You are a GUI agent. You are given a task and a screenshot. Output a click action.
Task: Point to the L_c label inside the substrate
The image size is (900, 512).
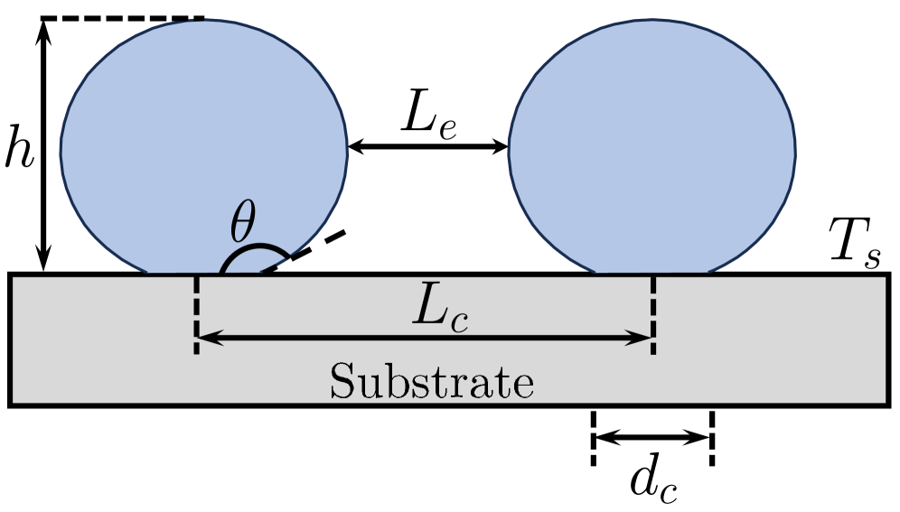point(441,312)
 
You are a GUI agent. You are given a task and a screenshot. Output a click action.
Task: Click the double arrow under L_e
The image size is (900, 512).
point(428,146)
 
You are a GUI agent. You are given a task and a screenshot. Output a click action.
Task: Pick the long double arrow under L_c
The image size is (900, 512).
point(424,338)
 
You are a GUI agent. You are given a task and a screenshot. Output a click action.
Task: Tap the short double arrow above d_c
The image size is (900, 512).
point(653,438)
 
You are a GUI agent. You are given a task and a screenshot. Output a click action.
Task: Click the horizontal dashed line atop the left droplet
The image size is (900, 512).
point(122,18)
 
